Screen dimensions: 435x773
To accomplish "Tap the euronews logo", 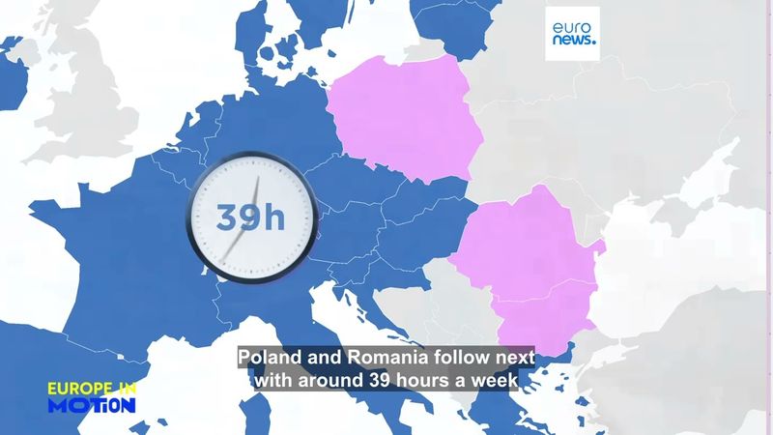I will coord(572,34).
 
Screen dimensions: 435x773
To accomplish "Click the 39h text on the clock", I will coord(250,217).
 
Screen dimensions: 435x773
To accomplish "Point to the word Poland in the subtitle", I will coord(272,357).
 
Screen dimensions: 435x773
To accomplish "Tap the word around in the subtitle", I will coord(328,381).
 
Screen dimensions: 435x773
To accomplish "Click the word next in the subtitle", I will coord(515,357).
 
